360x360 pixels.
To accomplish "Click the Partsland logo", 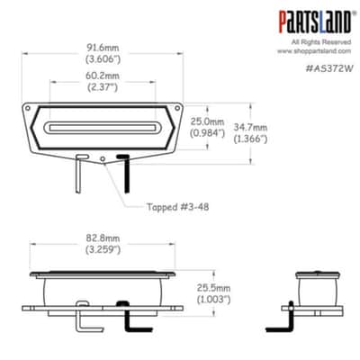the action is coord(315,22).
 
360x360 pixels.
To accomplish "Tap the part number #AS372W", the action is coord(328,68).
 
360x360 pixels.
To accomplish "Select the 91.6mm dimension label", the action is coord(103,48).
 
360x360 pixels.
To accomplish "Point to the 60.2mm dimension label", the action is coord(103,76).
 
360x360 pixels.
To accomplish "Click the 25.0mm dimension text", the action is coord(207,122).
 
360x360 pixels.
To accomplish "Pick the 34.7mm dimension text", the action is coord(250,128).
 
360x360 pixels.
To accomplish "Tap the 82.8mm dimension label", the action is coord(103,238).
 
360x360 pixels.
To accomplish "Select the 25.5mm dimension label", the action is coord(213,288).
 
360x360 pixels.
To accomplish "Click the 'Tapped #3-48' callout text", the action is coord(177,207).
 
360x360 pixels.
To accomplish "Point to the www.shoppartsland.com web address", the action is coord(314,51).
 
